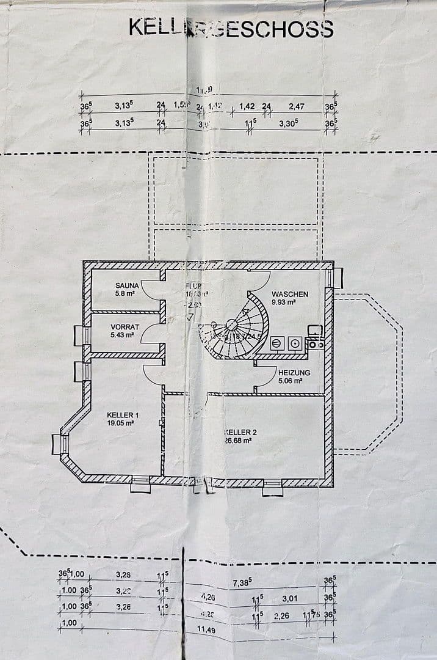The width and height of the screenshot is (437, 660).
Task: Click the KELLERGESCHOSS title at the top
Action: coord(231,28)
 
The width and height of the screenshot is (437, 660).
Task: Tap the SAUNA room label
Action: coord(128,285)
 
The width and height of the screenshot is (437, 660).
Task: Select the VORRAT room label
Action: coord(125,327)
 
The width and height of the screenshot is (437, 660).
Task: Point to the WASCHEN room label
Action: coord(290,294)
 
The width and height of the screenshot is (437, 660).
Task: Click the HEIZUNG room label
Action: coord(294,372)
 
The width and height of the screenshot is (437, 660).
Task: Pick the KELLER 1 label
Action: coord(123,415)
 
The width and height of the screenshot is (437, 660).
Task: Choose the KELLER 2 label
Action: coord(240,432)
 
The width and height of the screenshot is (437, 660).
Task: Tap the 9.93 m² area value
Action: coord(284,302)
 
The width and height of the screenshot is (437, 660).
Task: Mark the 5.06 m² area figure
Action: coord(291,380)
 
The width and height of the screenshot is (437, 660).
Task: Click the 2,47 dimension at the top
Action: coord(297,106)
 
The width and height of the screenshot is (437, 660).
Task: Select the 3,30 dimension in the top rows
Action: coord(289,122)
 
